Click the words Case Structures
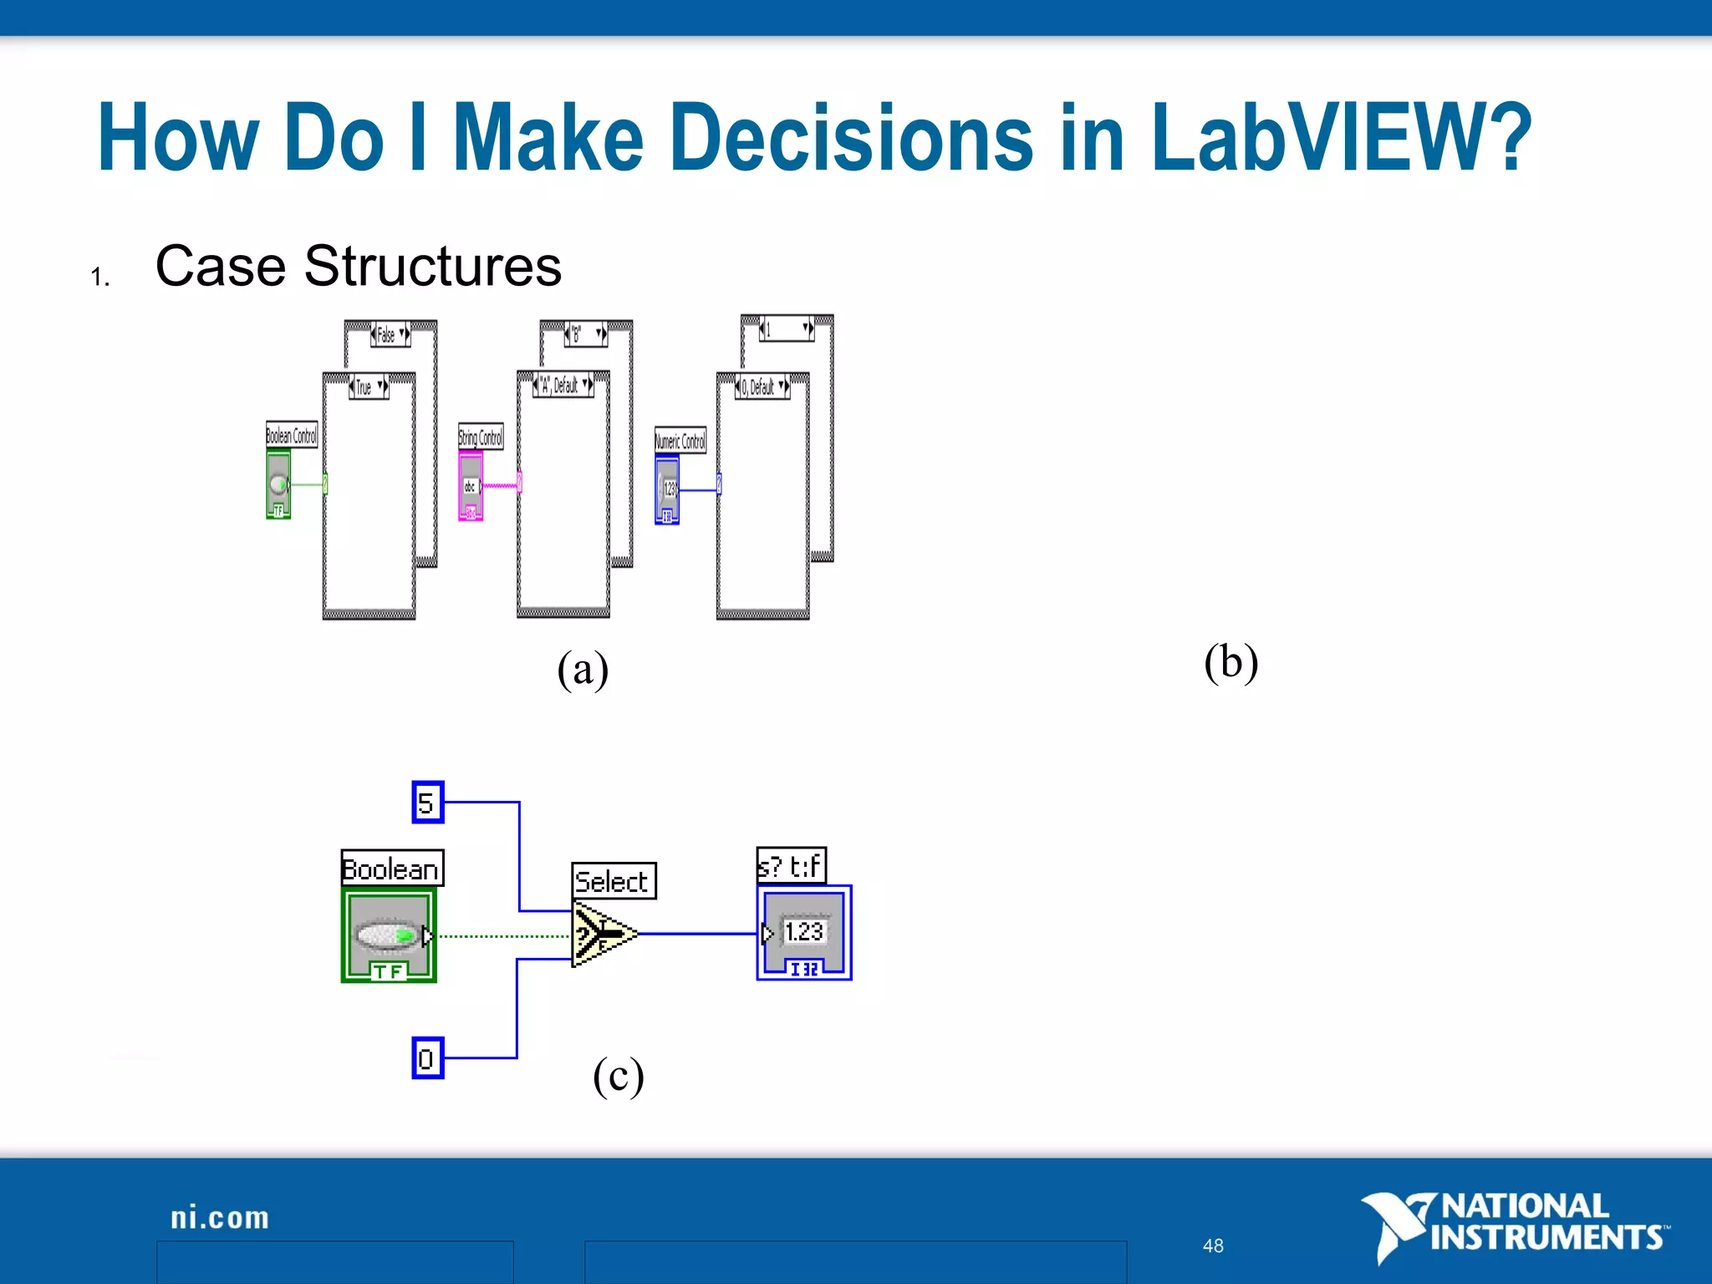[x=358, y=267]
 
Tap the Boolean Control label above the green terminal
[x=291, y=435]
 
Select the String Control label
[x=481, y=436]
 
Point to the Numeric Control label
[x=680, y=441]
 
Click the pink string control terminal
[x=471, y=487]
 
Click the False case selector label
[x=390, y=334]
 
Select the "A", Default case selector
[x=563, y=385]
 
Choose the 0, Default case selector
[x=762, y=387]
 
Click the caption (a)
[x=583, y=669]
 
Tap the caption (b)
[x=1230, y=662]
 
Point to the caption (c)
[x=618, y=1075]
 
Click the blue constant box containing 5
[x=427, y=802]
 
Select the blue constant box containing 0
[x=427, y=1058]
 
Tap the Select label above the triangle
[x=614, y=881]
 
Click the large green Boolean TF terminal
[x=389, y=935]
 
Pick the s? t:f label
[x=791, y=865]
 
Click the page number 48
[x=1213, y=1246]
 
